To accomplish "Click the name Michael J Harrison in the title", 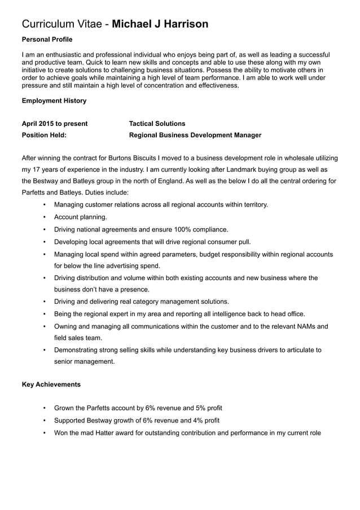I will click(x=160, y=24).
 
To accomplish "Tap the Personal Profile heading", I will click(x=47, y=40).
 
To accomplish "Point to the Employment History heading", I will click(x=54, y=101).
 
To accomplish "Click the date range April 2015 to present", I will click(x=54, y=123).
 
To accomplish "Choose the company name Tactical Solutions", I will click(x=157, y=123).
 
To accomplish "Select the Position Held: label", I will click(x=44, y=135).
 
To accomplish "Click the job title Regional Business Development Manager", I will click(x=195, y=135).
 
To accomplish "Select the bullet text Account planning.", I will click(x=80, y=217).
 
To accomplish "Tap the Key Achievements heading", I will click(x=51, y=385).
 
